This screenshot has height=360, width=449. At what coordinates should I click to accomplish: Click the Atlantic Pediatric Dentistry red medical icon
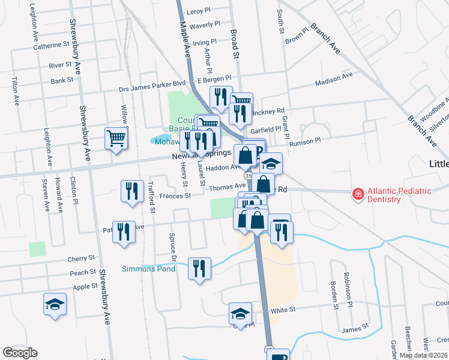(x=358, y=194)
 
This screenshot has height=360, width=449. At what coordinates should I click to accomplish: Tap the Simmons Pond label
(x=149, y=269)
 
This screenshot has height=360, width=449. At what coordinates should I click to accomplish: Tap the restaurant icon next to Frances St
(x=131, y=191)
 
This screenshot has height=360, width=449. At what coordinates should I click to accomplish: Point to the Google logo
(x=20, y=353)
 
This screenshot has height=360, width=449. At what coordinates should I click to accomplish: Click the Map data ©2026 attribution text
(x=423, y=355)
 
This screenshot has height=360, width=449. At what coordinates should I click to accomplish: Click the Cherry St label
(x=82, y=258)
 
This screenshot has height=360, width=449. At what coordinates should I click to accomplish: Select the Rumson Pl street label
(x=305, y=142)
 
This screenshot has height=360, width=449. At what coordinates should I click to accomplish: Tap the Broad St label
(x=235, y=46)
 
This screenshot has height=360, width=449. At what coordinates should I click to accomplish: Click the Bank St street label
(x=62, y=79)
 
